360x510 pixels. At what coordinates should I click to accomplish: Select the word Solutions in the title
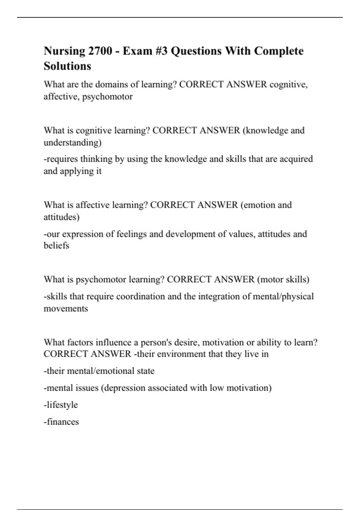67,66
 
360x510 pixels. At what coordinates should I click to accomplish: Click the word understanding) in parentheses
73,142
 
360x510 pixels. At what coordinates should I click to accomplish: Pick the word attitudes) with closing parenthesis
61,217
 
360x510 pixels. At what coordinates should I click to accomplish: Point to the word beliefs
56,246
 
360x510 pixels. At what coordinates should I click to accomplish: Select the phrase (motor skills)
283,279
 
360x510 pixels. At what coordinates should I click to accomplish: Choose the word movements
66,308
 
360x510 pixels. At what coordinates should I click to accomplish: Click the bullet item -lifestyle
61,405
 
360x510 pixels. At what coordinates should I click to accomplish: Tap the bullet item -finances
61,422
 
